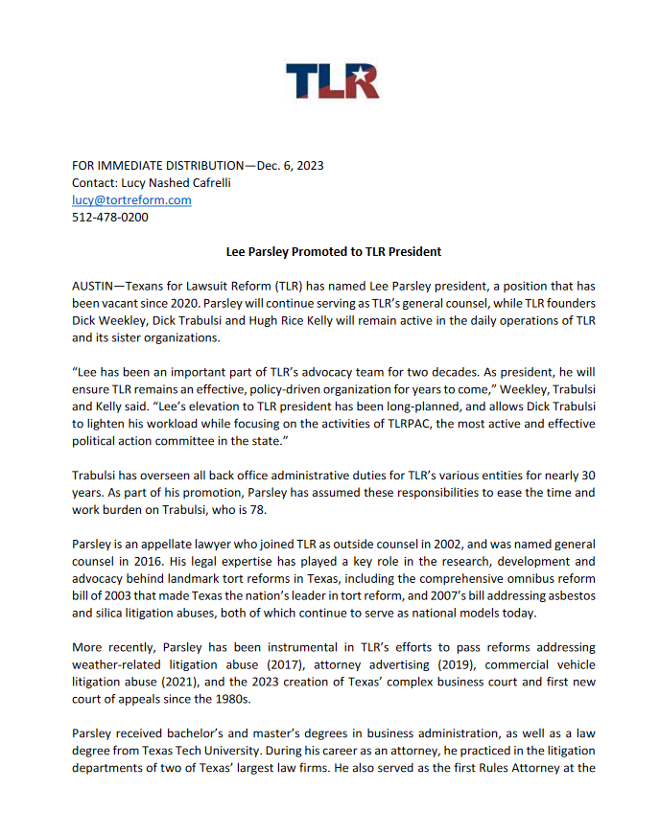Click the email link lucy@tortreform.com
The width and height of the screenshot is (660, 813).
(x=131, y=199)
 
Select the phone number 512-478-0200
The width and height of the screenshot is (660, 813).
(x=110, y=217)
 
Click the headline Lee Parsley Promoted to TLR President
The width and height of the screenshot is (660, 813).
(x=333, y=252)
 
